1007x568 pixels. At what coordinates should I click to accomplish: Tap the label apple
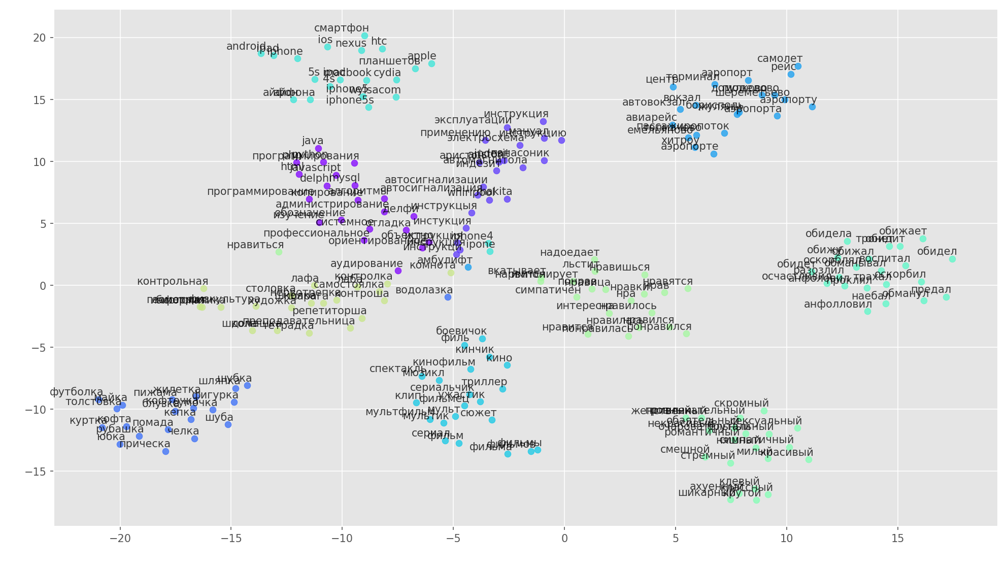pyautogui.click(x=422, y=56)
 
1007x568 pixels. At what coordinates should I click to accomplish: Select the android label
pyautogui.click(x=246, y=47)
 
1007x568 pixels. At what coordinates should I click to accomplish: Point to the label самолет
pyautogui.click(x=780, y=59)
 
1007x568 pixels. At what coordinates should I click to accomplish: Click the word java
pyautogui.click(x=312, y=141)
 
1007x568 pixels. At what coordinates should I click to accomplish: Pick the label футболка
pyautogui.click(x=76, y=392)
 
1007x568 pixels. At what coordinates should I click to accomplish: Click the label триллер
pyautogui.click(x=484, y=382)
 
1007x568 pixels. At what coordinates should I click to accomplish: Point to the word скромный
pyautogui.click(x=741, y=404)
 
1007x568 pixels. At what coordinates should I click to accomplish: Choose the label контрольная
pyautogui.click(x=173, y=282)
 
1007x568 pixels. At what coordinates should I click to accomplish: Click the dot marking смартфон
pyautogui.click(x=364, y=36)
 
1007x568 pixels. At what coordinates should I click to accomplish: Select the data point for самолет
pyautogui.click(x=798, y=66)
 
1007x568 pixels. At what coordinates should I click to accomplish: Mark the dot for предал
pyautogui.click(x=946, y=297)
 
